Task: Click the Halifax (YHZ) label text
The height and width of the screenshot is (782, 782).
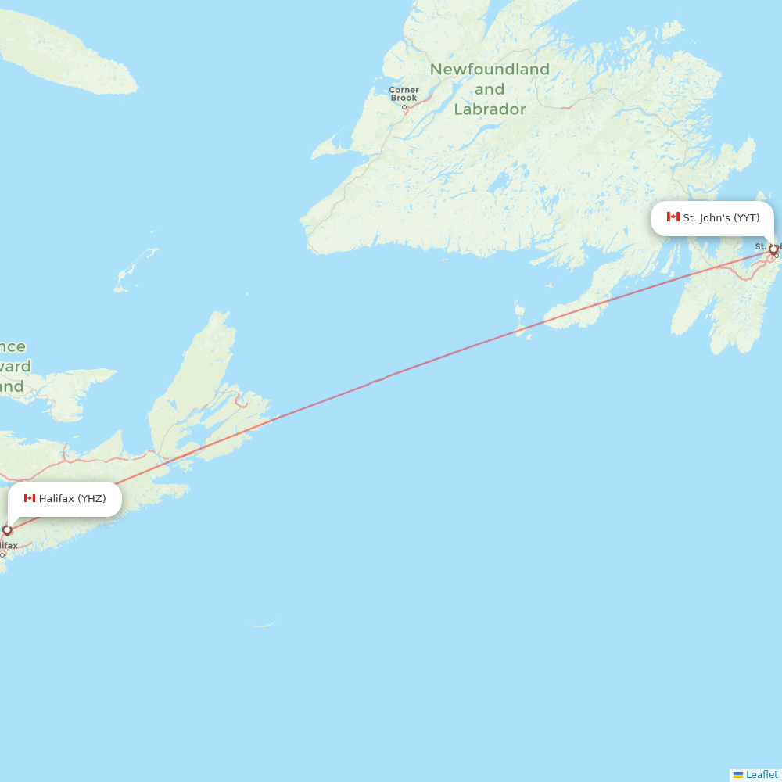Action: click(x=72, y=499)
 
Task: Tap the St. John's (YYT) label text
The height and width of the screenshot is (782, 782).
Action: click(x=721, y=218)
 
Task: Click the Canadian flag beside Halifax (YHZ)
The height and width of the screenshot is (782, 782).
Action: click(x=30, y=498)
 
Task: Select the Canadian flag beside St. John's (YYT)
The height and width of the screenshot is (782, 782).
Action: click(x=673, y=217)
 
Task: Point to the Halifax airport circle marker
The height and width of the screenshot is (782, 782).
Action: click(x=7, y=530)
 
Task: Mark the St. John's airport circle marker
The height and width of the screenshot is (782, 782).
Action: click(x=773, y=250)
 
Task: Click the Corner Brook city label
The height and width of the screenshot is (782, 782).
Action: click(x=404, y=94)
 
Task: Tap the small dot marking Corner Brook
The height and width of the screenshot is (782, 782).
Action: click(x=404, y=107)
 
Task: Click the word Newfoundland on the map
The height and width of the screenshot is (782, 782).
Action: click(x=490, y=70)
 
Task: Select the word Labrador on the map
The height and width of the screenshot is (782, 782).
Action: click(x=490, y=109)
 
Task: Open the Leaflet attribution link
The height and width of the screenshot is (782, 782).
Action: click(x=761, y=775)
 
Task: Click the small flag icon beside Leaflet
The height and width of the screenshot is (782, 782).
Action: click(x=738, y=775)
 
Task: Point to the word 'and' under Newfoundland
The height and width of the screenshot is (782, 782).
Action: click(x=490, y=89)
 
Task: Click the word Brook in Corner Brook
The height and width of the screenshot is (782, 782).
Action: click(x=404, y=99)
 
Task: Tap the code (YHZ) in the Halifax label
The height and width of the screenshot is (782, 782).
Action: click(x=91, y=499)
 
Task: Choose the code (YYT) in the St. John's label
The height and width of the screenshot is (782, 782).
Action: click(x=746, y=218)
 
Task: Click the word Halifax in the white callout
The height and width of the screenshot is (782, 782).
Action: click(x=56, y=499)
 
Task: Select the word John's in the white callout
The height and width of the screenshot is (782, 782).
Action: click(x=715, y=218)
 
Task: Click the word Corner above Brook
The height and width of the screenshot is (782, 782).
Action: click(x=404, y=90)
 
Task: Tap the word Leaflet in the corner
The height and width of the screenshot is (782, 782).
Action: click(x=762, y=775)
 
